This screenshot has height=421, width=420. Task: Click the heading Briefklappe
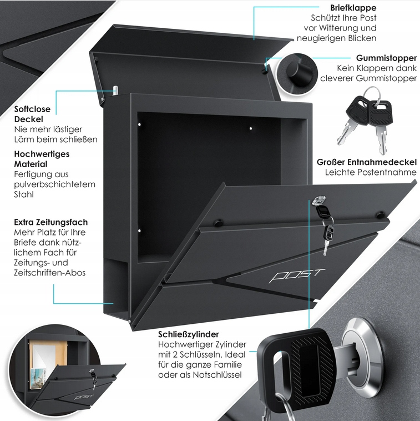353,8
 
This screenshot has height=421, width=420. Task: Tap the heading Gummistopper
387,58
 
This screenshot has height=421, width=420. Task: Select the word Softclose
32,109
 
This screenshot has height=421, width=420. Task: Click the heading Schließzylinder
188,334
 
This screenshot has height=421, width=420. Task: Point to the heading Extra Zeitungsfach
50,222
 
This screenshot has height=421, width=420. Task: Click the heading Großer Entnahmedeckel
367,162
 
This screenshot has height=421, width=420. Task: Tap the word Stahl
24,194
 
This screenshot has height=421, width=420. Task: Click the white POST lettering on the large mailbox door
297,275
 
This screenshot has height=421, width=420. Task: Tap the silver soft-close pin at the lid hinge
115,91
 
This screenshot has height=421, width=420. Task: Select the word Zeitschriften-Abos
49,273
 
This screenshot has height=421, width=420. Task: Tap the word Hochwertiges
42,154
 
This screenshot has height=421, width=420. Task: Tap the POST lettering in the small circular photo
84,397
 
